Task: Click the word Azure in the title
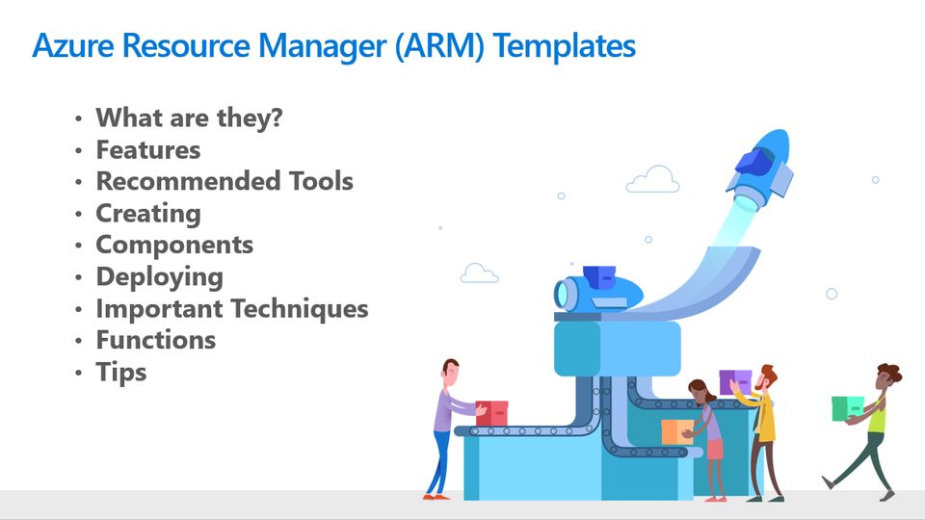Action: (x=73, y=45)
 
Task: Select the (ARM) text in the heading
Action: (x=439, y=46)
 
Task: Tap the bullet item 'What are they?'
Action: (x=190, y=117)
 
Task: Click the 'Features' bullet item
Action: (x=148, y=150)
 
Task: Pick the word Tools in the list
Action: (x=321, y=181)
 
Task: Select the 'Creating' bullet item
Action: (x=148, y=214)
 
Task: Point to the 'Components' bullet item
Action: (x=174, y=246)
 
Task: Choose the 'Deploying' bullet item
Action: (x=160, y=277)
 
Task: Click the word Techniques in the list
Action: (x=299, y=308)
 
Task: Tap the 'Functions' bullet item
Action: (x=156, y=340)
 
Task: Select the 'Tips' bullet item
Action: (x=121, y=372)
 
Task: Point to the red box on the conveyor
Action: (x=492, y=413)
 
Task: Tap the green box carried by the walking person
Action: (x=848, y=408)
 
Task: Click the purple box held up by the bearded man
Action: (x=735, y=381)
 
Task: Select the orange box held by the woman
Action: (x=677, y=431)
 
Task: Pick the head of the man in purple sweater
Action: (x=451, y=372)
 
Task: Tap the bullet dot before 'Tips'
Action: (x=78, y=373)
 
